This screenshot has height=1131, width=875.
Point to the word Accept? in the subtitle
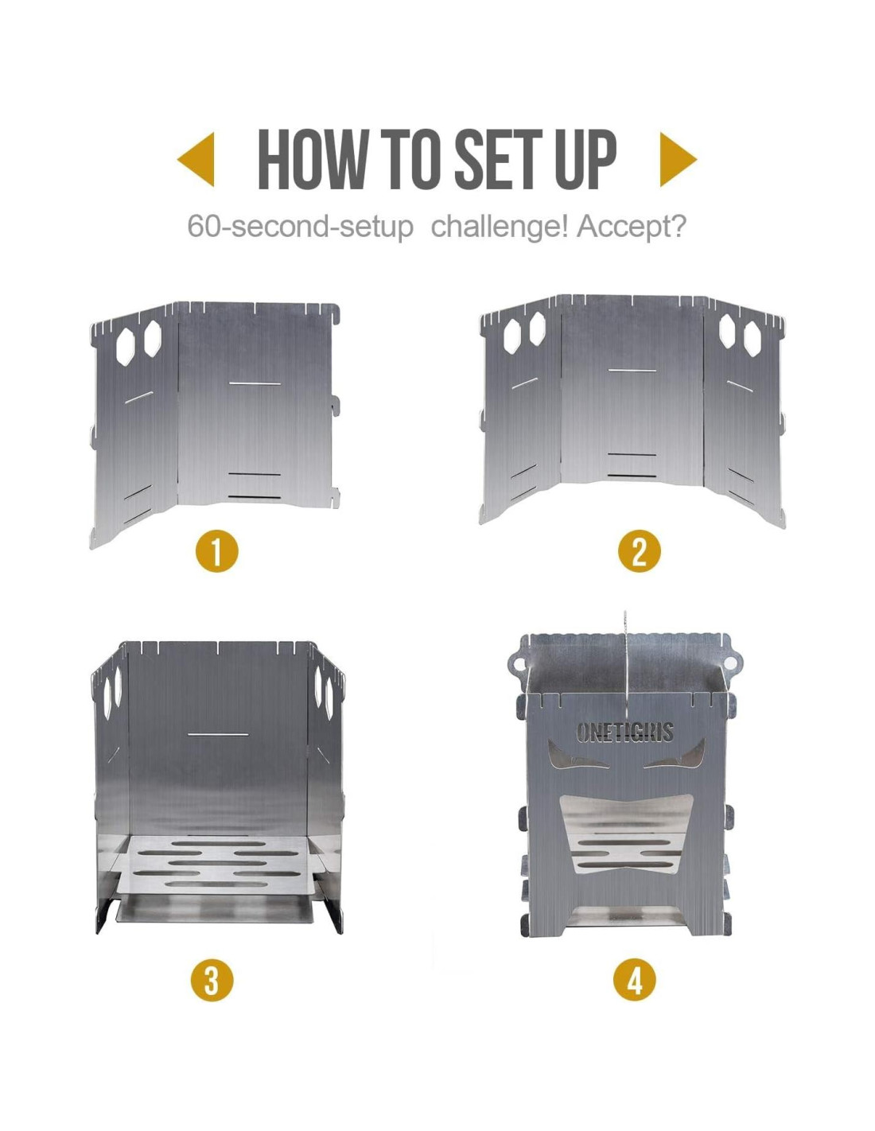[x=631, y=227]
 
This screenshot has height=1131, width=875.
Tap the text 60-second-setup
[x=300, y=227]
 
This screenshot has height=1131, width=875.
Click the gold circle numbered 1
[x=216, y=551]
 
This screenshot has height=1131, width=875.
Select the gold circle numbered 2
[x=640, y=551]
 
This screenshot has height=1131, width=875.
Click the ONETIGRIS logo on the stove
[x=624, y=732]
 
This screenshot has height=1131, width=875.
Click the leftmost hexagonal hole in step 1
[x=126, y=347]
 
